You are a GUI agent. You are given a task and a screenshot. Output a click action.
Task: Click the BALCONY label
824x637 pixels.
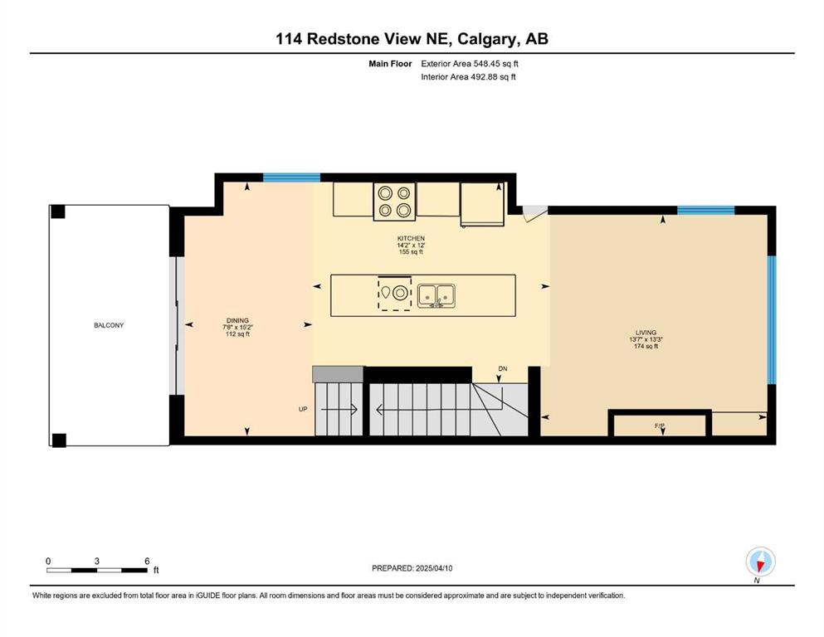[109, 325]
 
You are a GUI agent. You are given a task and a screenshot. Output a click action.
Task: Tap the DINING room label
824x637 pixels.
[237, 320]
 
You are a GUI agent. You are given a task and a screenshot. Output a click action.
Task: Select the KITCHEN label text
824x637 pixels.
[411, 238]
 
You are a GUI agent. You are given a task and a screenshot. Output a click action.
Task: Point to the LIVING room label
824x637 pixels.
[646, 333]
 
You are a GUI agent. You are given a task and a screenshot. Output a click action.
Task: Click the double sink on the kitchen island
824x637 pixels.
[436, 295]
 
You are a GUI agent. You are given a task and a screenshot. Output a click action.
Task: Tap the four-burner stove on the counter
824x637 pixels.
[394, 202]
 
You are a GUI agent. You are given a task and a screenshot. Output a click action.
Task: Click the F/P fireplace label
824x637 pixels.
[660, 425]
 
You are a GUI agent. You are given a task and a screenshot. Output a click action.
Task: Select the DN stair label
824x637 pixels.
[503, 368]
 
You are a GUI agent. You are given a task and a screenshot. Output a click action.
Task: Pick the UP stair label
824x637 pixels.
[303, 409]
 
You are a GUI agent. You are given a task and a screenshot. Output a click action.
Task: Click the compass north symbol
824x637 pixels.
[760, 562]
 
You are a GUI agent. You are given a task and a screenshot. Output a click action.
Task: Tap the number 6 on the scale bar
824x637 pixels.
[147, 561]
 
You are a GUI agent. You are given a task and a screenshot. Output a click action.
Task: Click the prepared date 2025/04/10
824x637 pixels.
[434, 568]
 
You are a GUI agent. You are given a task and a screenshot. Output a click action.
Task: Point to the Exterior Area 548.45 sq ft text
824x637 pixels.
[470, 64]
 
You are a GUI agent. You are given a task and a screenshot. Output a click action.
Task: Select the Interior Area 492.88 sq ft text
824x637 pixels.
[468, 76]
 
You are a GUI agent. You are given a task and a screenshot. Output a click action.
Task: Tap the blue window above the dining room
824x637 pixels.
[291, 177]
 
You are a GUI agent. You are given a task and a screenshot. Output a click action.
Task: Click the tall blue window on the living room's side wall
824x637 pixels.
[772, 320]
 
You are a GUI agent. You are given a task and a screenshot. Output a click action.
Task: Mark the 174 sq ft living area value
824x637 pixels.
[646, 346]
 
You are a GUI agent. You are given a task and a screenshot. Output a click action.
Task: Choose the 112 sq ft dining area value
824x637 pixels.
[237, 334]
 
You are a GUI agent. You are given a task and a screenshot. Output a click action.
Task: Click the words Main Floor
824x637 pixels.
[390, 64]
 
